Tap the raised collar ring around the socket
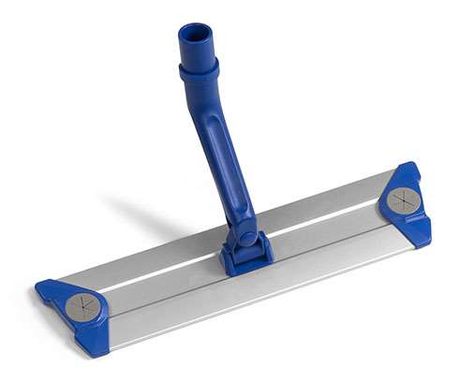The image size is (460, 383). (x=199, y=69)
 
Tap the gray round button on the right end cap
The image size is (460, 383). (x=403, y=199)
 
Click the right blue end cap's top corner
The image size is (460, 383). (x=408, y=166)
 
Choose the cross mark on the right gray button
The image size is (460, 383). (x=403, y=199)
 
